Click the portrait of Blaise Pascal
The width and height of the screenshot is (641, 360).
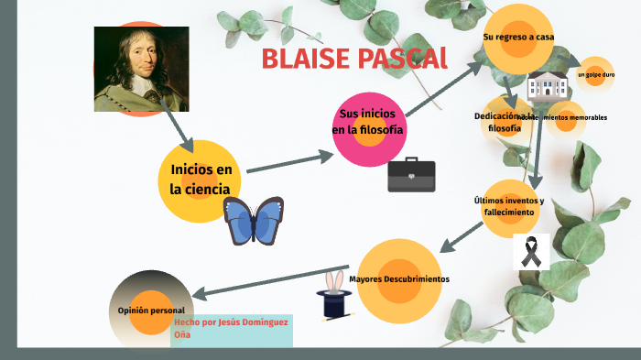pyautogui.click(x=141, y=69)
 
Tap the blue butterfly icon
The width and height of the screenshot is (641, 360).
pyautogui.click(x=254, y=221)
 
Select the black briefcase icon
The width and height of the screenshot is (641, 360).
pyautogui.click(x=411, y=174)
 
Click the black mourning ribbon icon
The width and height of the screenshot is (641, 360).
pyautogui.click(x=530, y=250)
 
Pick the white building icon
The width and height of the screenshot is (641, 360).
pyautogui.click(x=549, y=86)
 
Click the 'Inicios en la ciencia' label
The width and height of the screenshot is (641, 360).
pyautogui.click(x=201, y=180)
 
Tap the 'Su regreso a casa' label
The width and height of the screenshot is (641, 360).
pyautogui.click(x=518, y=37)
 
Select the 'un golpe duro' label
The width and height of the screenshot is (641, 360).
pyautogui.click(x=595, y=73)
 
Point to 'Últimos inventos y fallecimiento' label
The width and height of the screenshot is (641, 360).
pyautogui.click(x=508, y=205)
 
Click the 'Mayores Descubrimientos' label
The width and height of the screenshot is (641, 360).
pyautogui.click(x=399, y=278)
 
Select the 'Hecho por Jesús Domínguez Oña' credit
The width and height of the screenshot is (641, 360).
pyautogui.click(x=232, y=328)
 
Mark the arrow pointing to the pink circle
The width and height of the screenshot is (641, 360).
pyautogui.click(x=290, y=162)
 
